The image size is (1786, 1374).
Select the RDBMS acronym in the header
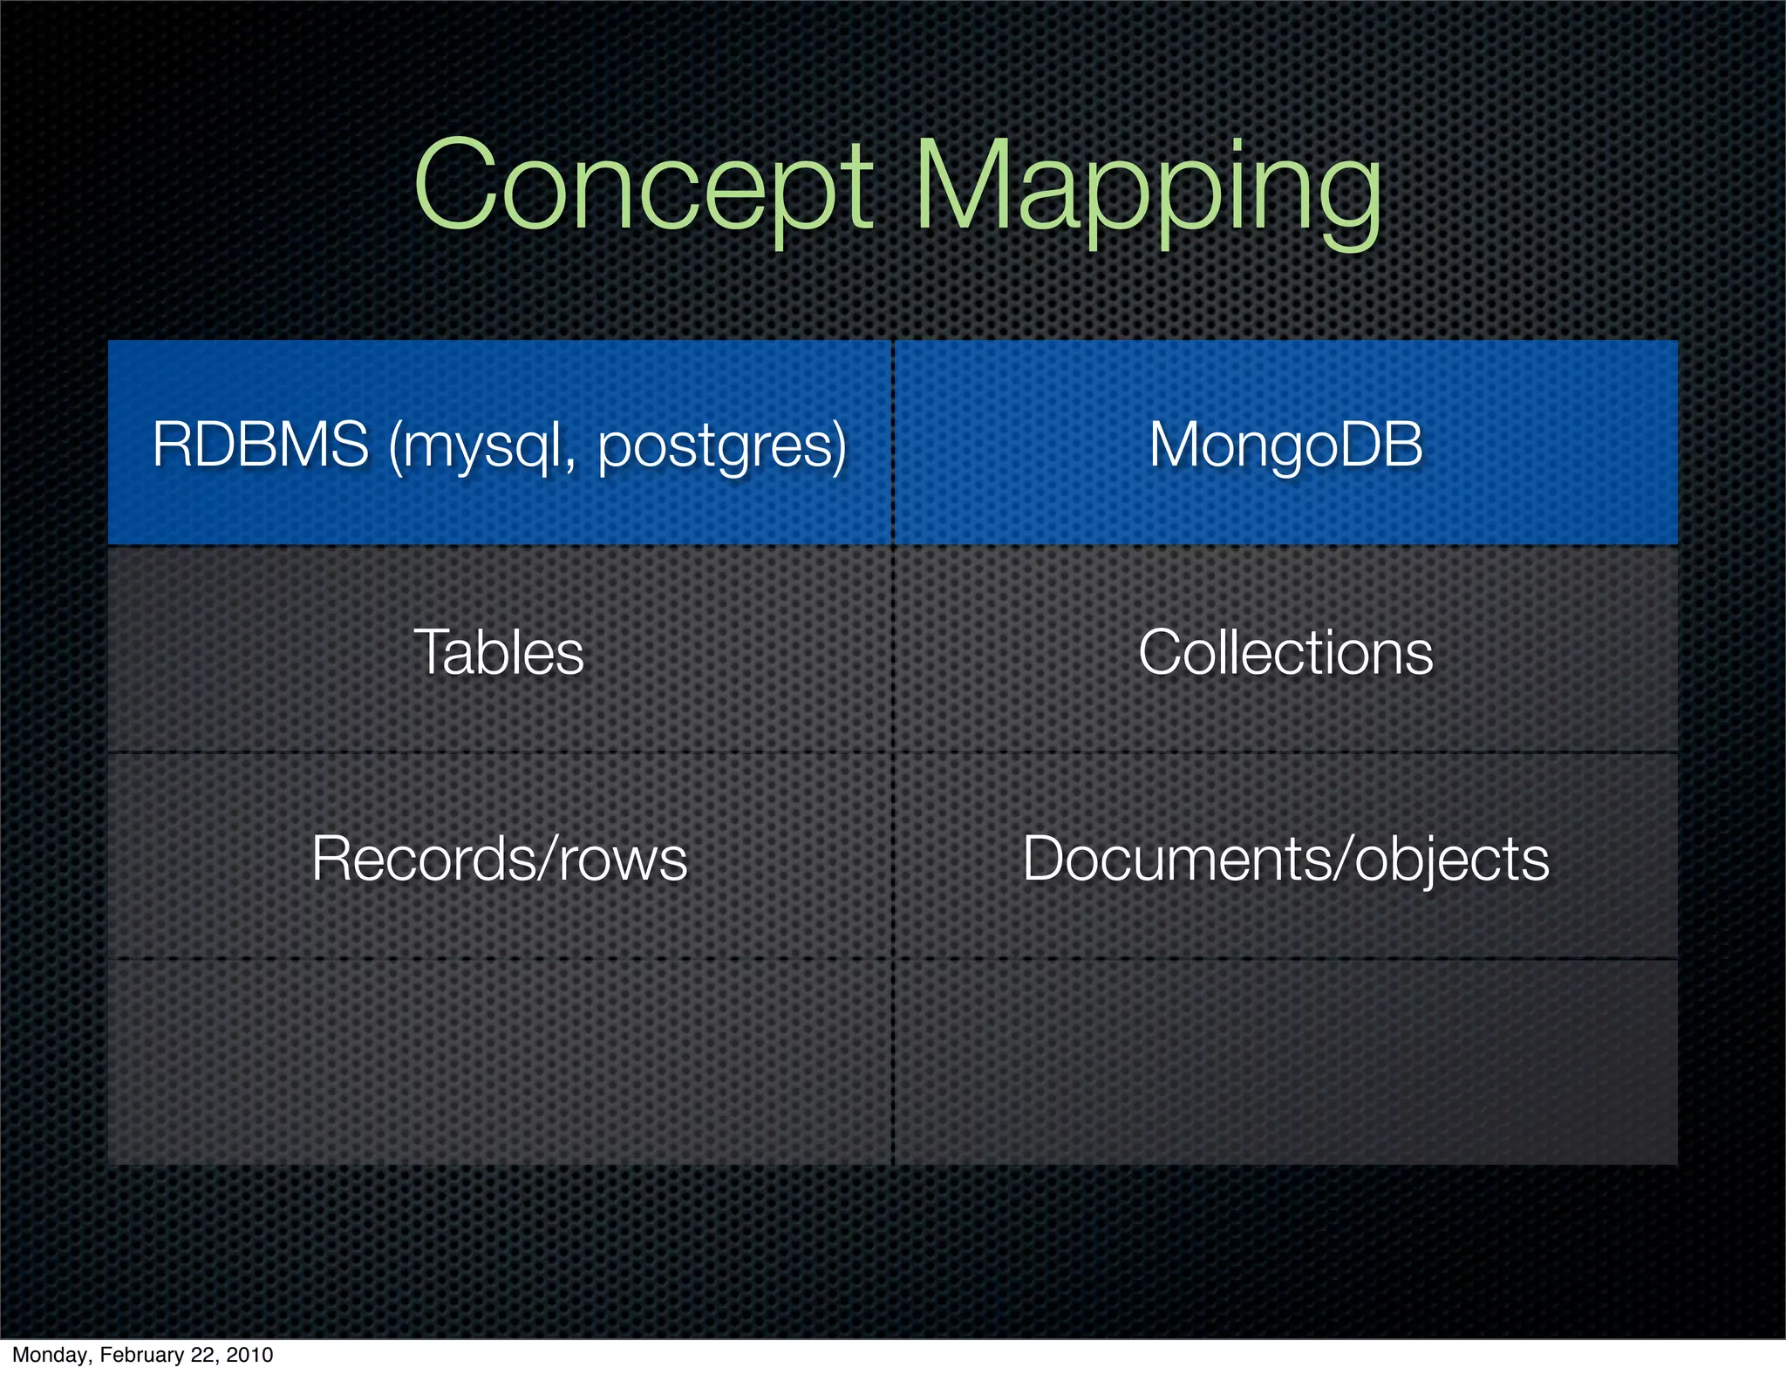coord(260,445)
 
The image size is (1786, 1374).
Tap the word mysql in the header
coord(476,446)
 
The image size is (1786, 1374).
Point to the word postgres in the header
coord(719,446)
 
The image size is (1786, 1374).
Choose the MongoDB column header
coord(1285,445)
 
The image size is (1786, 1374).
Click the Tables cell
coord(499,652)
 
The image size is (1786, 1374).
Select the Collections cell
coord(1285,652)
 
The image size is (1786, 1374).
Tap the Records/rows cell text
coord(499,859)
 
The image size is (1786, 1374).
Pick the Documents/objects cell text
coord(1285,859)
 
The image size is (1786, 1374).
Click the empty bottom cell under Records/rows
coord(499,1062)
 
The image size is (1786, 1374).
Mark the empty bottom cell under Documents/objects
coord(1285,1062)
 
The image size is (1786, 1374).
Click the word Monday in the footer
coord(51,1355)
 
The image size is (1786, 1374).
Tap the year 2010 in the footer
coord(249,1355)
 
